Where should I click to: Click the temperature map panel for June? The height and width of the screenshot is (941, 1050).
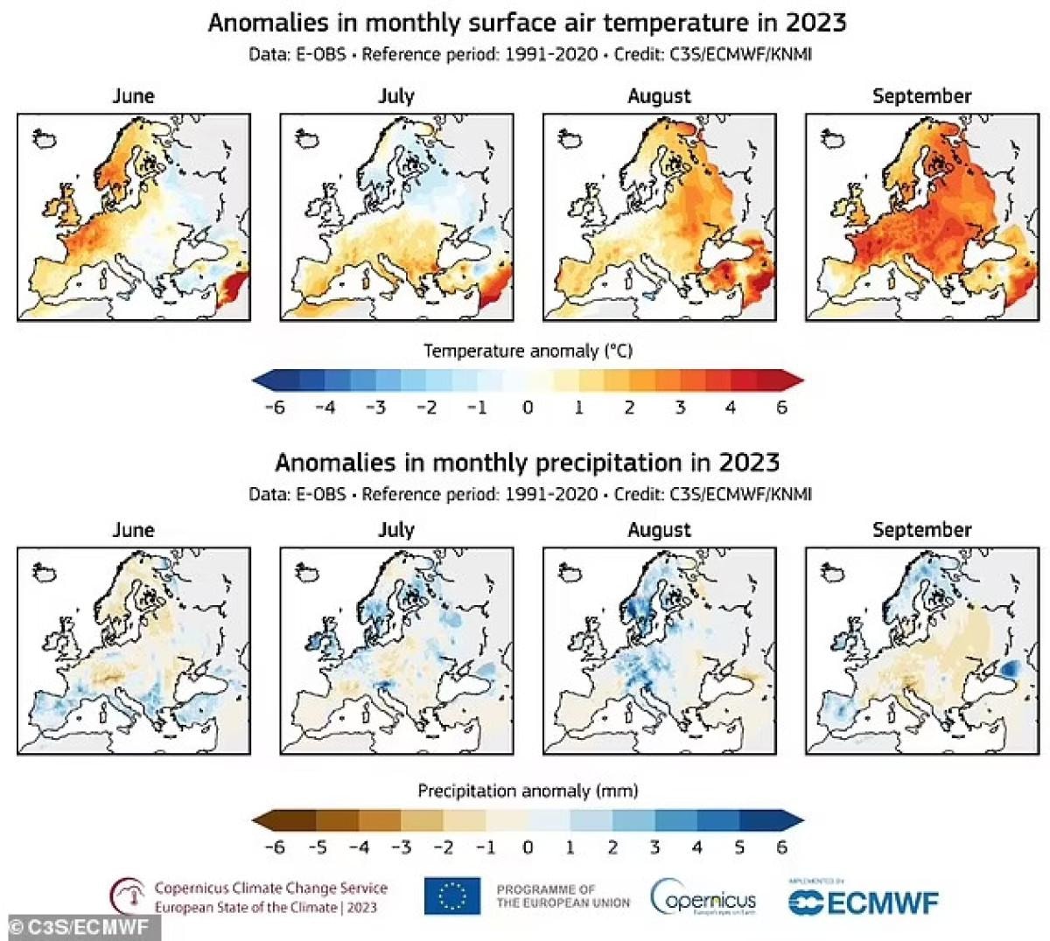click(134, 217)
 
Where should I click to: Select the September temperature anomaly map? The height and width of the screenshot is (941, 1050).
click(921, 217)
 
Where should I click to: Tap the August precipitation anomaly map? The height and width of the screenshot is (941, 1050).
click(659, 651)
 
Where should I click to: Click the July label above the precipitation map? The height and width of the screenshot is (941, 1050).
click(395, 530)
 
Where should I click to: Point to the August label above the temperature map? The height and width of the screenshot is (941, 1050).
click(659, 96)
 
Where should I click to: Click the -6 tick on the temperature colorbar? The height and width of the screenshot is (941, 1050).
click(274, 407)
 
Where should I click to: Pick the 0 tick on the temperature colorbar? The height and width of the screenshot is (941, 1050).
click(528, 407)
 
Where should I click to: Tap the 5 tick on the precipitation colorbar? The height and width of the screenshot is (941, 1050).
click(739, 847)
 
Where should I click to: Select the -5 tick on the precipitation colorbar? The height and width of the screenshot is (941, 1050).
click(316, 847)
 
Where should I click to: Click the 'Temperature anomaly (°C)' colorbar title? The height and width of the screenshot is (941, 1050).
click(528, 351)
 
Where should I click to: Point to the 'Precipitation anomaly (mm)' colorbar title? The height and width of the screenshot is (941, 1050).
click(528, 791)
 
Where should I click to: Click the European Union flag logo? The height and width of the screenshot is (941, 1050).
click(452, 896)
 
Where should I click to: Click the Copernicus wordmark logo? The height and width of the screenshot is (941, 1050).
click(703, 898)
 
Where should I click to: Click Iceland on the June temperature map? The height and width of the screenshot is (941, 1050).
click(43, 137)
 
